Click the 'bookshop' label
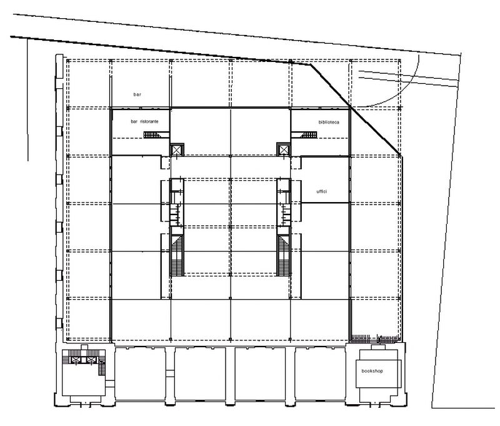pos(372,371)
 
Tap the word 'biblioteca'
pos(329,122)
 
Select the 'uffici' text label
pos(321,191)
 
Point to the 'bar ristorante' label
pos(144,121)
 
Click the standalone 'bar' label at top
pos(137,94)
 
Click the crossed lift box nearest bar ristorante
pos(177,150)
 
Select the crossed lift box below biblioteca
pos(283,150)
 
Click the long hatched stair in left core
pos(177,256)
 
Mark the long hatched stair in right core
pos(284,256)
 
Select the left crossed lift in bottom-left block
pos(75,360)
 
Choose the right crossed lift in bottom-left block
pos(91,360)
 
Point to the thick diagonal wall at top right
pos(356,109)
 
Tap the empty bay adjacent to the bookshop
pos(320,374)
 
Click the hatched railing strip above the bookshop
pos(375,338)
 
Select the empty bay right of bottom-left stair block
pos(140,374)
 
